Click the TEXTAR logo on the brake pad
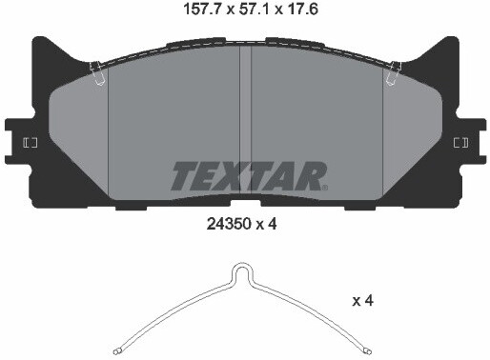pyautogui.click(x=248, y=176)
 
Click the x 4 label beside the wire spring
pyautogui.click(x=362, y=301)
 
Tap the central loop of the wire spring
pyautogui.click(x=244, y=275)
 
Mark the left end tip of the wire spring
pyautogui.click(x=115, y=349)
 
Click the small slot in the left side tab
pyautogui.click(x=30, y=143)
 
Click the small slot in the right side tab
pyautogui.click(x=460, y=143)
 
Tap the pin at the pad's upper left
pyautogui.click(x=96, y=73)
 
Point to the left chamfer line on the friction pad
pyautogui.click(x=108, y=133)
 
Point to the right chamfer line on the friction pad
pyautogui.click(x=382, y=133)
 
